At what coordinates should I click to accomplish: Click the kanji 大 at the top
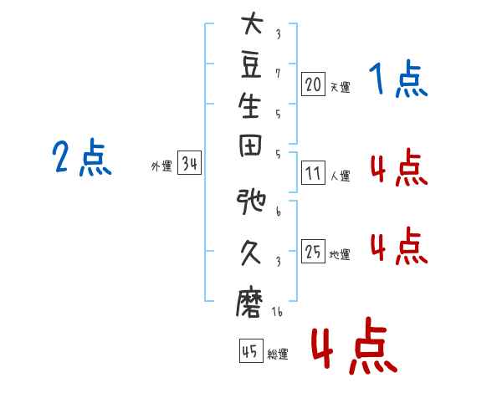tap(253, 23)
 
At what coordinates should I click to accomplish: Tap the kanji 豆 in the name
tap(251, 65)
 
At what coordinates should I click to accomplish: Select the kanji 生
tap(249, 105)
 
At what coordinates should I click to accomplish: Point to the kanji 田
tap(250, 145)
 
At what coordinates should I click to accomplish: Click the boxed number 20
tap(313, 84)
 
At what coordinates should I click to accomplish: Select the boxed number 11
tap(313, 173)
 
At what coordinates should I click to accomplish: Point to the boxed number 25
tap(313, 251)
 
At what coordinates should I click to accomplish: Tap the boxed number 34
tap(189, 162)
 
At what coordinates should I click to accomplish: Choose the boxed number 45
tap(251, 350)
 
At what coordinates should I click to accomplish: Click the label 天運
tap(341, 87)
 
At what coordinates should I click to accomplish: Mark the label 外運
tap(161, 166)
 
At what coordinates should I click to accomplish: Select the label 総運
tap(278, 354)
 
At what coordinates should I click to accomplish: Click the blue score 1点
tap(398, 79)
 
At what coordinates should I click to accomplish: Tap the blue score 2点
tap(82, 157)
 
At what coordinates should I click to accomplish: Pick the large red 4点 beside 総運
tap(354, 345)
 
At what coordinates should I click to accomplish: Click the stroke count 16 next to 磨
tap(277, 312)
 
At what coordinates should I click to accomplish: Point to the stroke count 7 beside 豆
tap(278, 74)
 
